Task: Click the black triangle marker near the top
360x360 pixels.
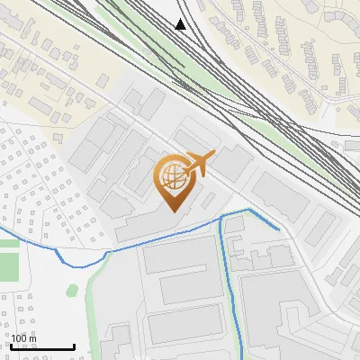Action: [x=181, y=24]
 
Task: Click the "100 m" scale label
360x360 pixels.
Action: [x=24, y=338]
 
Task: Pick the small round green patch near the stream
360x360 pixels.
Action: [x=72, y=290]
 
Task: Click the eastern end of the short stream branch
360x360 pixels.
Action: [x=278, y=229]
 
